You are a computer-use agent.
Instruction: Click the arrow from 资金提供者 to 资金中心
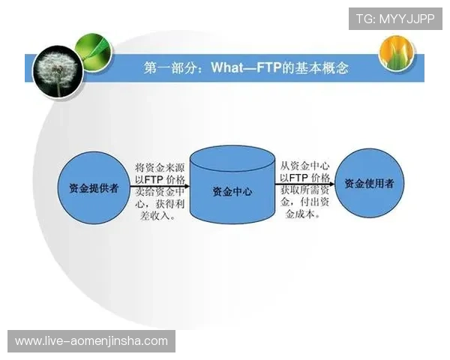(x=160, y=186)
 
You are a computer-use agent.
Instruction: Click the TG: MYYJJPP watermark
(x=394, y=17)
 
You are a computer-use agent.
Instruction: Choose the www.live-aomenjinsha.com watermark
(x=91, y=341)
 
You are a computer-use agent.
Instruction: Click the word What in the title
(x=227, y=68)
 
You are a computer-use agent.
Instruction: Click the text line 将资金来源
(x=160, y=166)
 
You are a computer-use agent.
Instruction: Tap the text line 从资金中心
(x=304, y=164)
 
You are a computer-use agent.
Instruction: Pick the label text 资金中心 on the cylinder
(x=232, y=191)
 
